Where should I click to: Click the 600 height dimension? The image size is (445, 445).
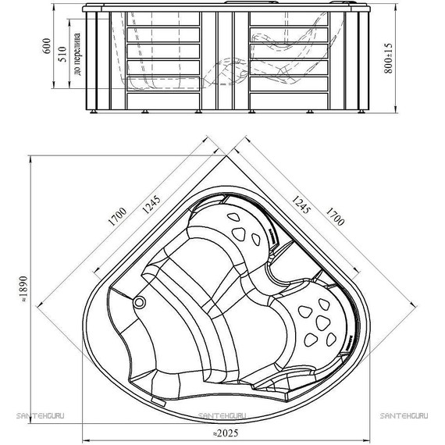[x=47, y=46]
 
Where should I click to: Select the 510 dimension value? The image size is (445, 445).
[x=62, y=54]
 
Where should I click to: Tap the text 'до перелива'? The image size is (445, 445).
[x=77, y=54]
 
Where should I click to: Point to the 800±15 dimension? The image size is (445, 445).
[x=388, y=59]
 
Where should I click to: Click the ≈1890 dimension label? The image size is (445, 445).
[x=24, y=289]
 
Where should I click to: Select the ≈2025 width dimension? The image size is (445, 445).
[x=225, y=433]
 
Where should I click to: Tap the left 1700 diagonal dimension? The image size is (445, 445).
[x=117, y=216]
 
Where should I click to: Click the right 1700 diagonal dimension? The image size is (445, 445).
[x=335, y=216]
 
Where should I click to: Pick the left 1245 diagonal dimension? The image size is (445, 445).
[x=151, y=205]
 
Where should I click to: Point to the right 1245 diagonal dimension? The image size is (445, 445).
[x=301, y=205]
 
